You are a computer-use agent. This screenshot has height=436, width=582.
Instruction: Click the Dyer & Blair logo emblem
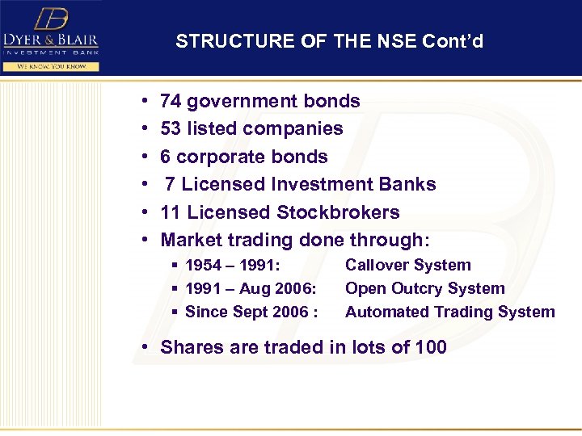51,17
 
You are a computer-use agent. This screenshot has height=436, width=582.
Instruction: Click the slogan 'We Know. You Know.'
51,65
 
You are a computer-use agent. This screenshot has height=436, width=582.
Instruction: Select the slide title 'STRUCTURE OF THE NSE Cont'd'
329,41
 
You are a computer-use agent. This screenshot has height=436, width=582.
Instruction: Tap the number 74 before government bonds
171,102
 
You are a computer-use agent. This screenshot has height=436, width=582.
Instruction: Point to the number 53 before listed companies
171,129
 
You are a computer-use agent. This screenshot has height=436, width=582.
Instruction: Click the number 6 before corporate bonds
166,157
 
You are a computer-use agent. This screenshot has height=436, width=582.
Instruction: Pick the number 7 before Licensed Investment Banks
171,185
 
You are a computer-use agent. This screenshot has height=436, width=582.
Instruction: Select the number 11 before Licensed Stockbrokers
171,212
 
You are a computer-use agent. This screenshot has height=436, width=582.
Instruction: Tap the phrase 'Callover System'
407,265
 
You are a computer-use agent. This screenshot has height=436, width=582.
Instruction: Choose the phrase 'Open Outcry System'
424,288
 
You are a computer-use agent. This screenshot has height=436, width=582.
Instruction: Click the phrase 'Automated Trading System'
449,312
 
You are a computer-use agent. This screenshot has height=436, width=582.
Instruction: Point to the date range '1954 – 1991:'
233,266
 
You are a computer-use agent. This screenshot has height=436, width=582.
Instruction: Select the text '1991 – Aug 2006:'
251,289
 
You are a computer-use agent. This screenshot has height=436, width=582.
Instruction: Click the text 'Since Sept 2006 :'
251,312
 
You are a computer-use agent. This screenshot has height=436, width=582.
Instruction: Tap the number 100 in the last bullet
430,347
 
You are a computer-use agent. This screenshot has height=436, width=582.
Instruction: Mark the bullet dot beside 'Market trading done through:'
143,241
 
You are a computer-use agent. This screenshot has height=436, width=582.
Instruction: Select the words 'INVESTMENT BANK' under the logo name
51,52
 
